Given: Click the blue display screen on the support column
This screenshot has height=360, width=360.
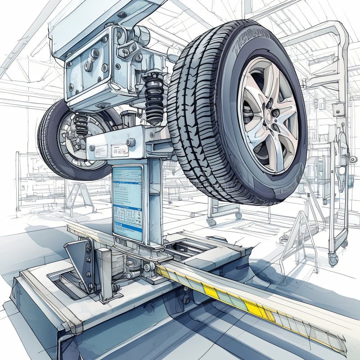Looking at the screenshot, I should pyautogui.click(x=127, y=202).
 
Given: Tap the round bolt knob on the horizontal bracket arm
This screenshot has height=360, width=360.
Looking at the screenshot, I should pyautogui.click(x=130, y=142).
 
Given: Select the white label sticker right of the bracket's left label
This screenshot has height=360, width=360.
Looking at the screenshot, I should pyautogui.click(x=120, y=150).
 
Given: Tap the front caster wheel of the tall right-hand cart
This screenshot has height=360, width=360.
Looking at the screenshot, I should pyautogui.click(x=333, y=260).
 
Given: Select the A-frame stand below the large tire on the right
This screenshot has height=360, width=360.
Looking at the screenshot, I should pyautogui.click(x=299, y=238).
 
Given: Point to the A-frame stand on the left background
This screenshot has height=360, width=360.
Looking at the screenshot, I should pyautogui.click(x=80, y=198).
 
